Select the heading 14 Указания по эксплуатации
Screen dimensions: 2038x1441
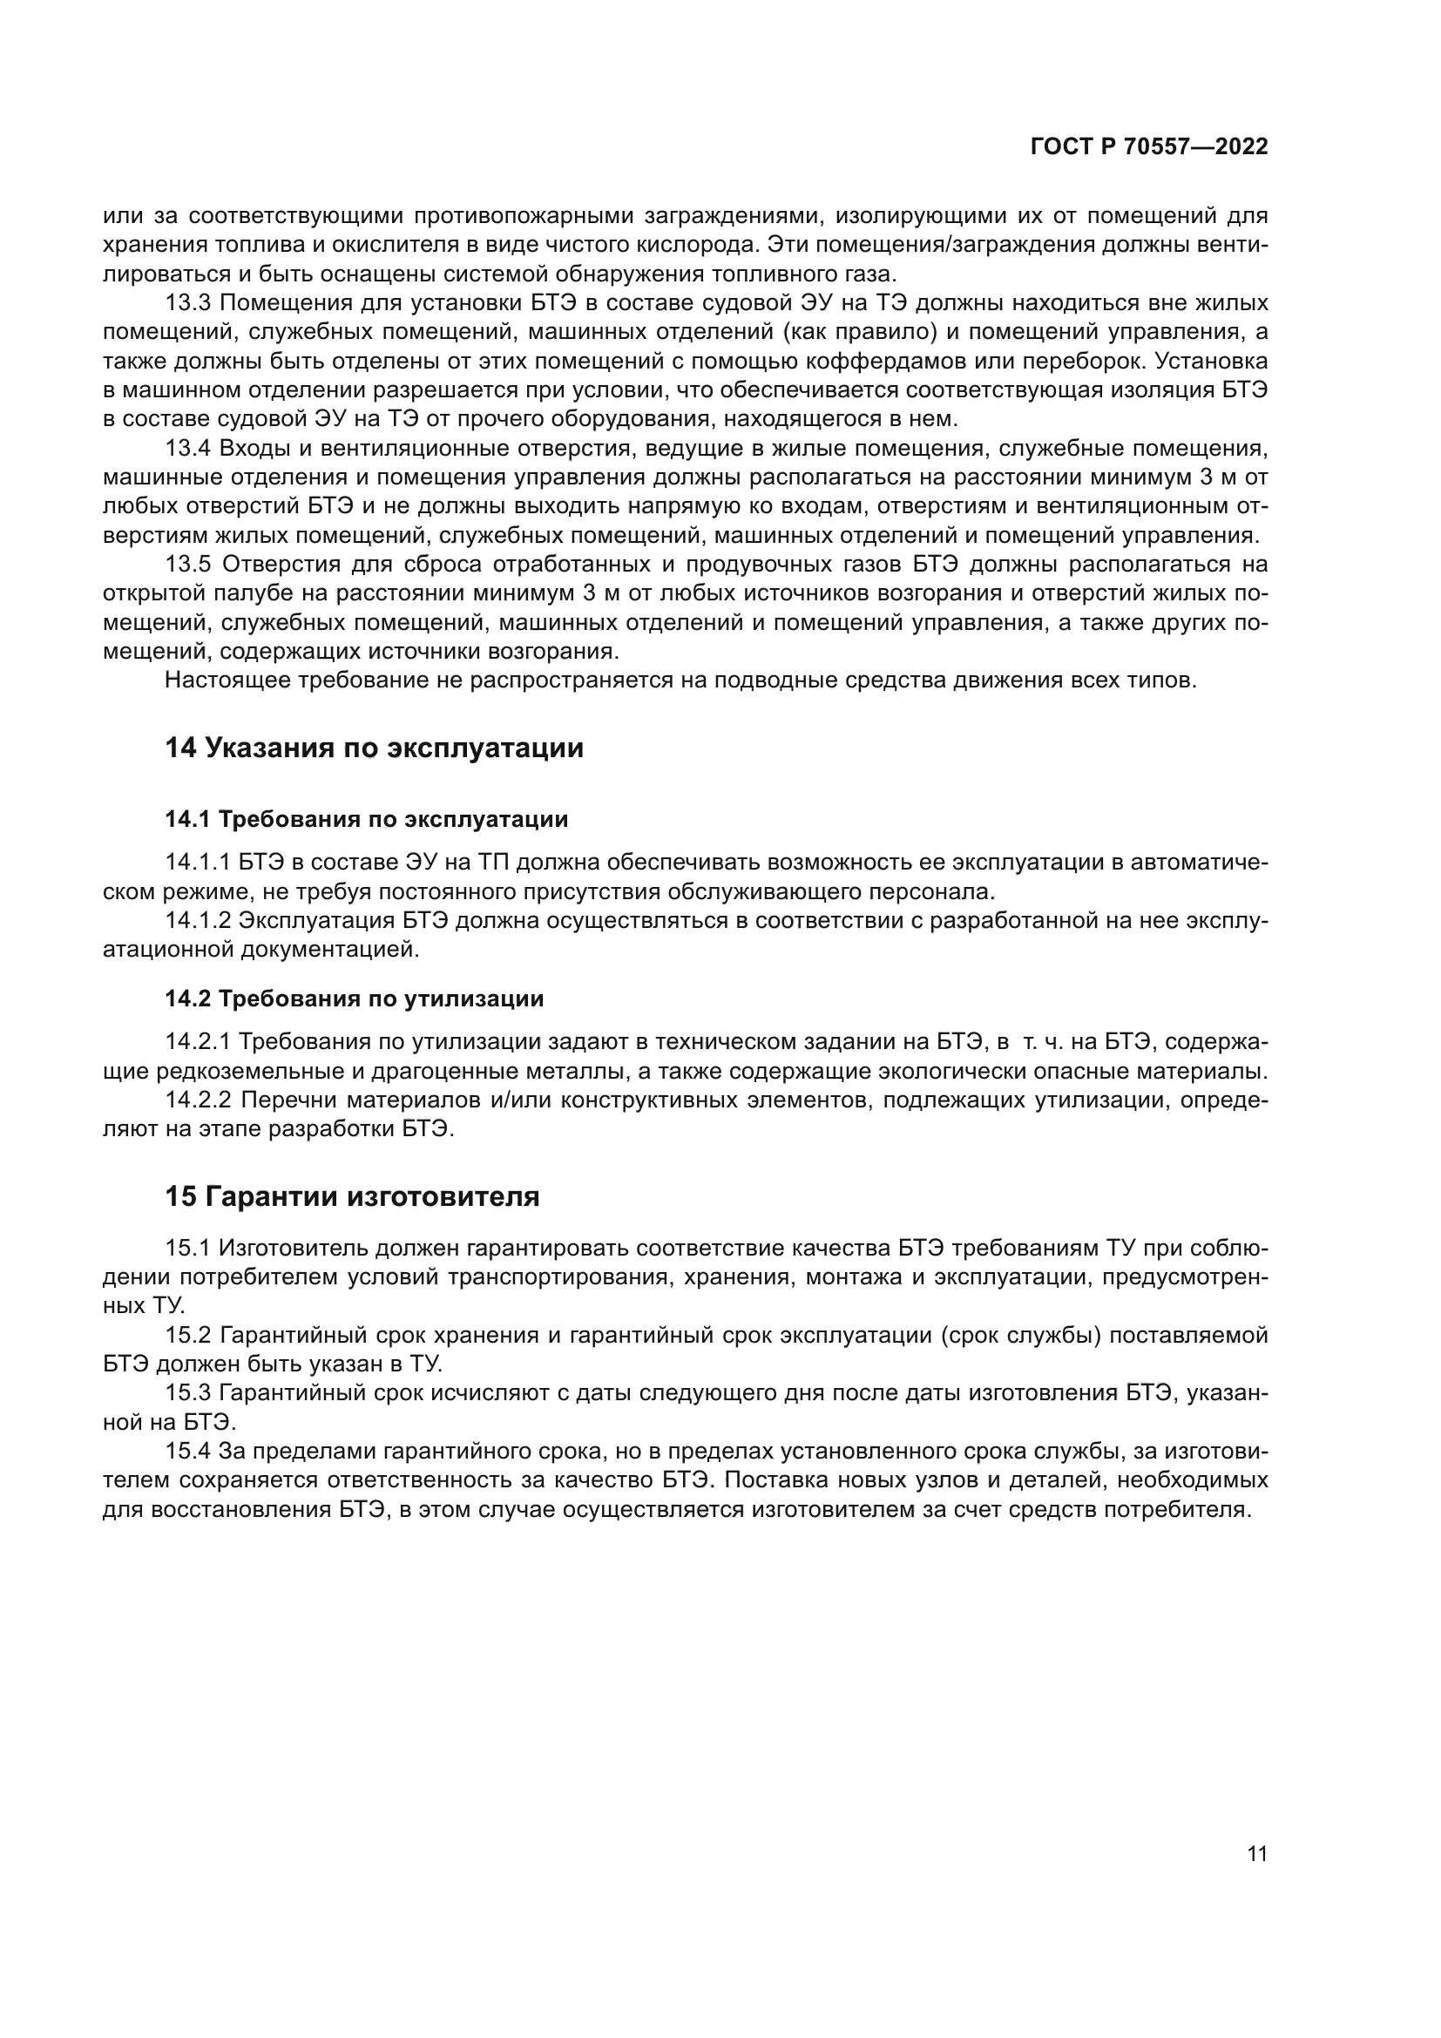374,748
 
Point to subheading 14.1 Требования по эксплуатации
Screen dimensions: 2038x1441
366,819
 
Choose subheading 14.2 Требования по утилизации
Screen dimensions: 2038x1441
353,999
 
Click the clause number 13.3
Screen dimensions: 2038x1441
188,303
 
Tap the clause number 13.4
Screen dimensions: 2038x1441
188,449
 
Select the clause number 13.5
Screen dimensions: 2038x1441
188,565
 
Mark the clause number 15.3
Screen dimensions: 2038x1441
188,1393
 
